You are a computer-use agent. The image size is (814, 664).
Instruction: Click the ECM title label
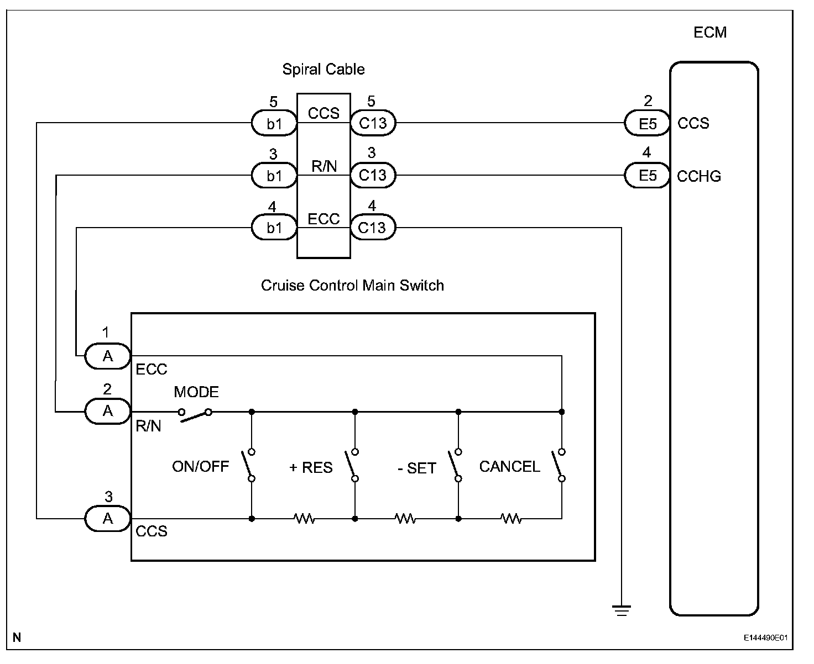[x=709, y=33]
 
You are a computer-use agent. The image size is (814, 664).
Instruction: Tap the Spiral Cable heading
[x=323, y=70]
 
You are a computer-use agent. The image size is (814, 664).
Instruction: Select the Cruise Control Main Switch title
[x=352, y=286]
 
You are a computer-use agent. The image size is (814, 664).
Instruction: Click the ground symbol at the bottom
[x=622, y=610]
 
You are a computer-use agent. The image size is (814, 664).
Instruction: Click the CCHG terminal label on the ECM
[x=699, y=177]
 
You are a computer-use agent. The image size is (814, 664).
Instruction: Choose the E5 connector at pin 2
[x=647, y=124]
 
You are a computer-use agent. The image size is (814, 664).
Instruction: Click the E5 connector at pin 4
[x=647, y=176]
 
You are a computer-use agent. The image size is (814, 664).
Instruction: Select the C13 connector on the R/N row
[x=373, y=176]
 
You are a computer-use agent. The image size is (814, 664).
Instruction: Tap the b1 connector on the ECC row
[x=274, y=228]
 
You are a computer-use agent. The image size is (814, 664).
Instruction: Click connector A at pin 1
[x=108, y=356]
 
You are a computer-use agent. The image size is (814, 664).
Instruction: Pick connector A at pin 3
[x=108, y=519]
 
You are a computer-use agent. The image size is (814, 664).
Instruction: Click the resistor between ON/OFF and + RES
[x=304, y=519]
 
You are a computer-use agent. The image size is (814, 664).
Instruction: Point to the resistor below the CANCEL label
[x=511, y=519]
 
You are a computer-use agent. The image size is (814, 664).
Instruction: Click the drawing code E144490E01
[x=765, y=638]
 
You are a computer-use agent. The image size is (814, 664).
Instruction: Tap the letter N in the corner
[x=17, y=637]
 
